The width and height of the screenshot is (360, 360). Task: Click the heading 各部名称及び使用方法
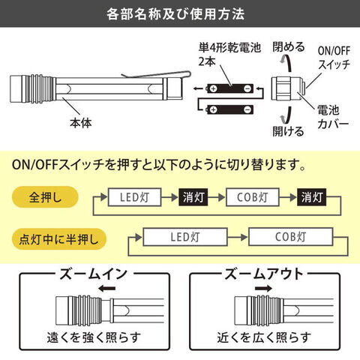[x=175, y=14]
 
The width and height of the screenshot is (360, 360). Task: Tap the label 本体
[x=81, y=123]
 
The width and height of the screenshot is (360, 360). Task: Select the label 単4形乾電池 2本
[x=229, y=55]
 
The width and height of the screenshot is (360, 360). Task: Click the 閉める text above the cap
[x=289, y=46]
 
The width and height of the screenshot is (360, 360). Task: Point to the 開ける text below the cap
[x=288, y=130]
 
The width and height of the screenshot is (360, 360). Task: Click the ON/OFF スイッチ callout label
[x=334, y=58]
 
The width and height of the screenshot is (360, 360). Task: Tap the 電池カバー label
[x=333, y=117]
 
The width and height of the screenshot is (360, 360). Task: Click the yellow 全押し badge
[x=45, y=197]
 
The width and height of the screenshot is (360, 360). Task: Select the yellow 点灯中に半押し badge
[x=59, y=239]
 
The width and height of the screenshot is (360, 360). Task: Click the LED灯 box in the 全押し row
[x=134, y=197]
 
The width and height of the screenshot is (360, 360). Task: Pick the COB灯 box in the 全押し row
[x=253, y=197]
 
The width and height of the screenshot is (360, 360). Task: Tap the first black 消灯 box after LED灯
[x=193, y=197]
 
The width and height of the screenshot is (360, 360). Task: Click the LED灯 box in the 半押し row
[x=185, y=236]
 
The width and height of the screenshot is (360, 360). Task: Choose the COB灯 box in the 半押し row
[x=291, y=236]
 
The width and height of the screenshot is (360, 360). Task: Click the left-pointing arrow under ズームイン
[x=106, y=289]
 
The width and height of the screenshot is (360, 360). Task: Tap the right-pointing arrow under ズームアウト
[x=263, y=289]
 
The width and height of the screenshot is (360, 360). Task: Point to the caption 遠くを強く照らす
[x=94, y=337]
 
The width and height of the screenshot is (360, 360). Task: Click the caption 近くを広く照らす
[x=264, y=337]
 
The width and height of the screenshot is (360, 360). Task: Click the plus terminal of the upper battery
[x=213, y=88]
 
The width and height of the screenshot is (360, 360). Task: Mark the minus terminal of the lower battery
[x=247, y=109]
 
